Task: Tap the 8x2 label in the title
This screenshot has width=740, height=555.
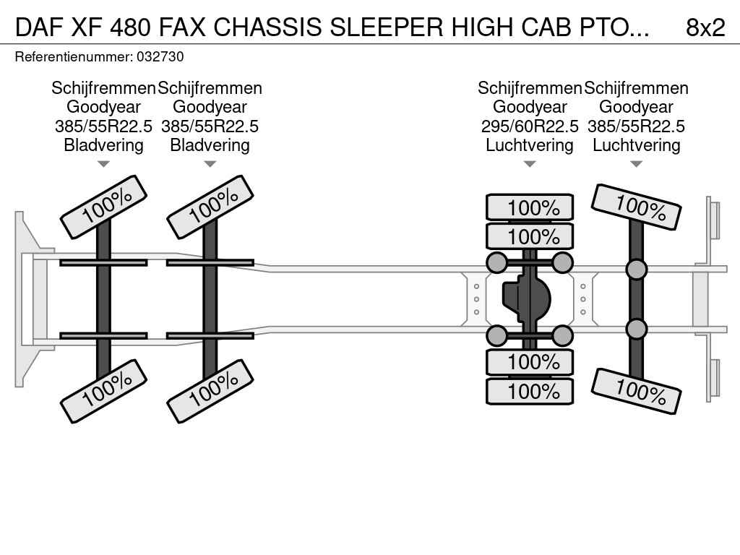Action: click(705, 27)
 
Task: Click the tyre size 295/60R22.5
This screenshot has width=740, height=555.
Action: click(530, 126)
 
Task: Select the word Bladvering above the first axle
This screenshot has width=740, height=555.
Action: click(103, 145)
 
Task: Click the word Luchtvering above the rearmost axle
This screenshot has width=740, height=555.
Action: click(637, 145)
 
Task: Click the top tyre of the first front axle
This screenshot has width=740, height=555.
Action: click(103, 207)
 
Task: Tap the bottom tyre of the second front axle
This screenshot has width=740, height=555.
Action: click(210, 391)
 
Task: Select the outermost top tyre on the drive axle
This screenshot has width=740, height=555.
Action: click(530, 208)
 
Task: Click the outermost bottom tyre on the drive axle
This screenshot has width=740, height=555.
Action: click(530, 392)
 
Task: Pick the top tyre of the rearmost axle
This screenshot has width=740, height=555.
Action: click(637, 207)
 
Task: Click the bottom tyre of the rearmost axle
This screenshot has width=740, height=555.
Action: click(637, 391)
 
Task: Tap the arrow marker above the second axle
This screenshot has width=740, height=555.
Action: click(210, 165)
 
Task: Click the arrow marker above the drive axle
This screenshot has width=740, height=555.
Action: click(530, 165)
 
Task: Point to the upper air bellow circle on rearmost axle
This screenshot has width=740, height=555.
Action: click(636, 270)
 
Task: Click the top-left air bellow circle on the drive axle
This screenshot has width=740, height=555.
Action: click(497, 262)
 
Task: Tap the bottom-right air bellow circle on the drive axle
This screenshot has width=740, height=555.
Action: click(562, 335)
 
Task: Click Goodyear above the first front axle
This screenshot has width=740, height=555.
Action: click(103, 107)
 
